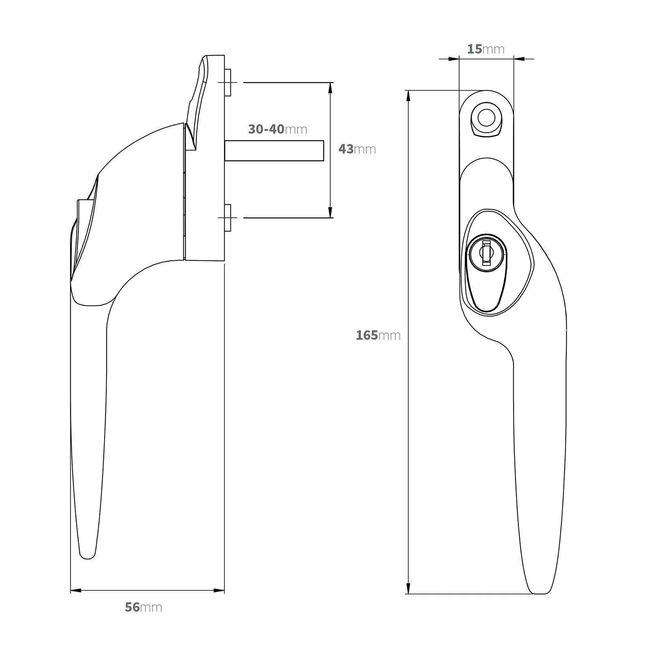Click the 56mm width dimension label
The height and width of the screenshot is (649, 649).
[143, 607]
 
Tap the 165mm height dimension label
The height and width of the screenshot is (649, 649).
[378, 335]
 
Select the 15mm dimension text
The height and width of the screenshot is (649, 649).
[486, 49]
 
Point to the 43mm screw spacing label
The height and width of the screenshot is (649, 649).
[357, 149]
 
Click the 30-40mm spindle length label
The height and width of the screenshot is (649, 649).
[277, 129]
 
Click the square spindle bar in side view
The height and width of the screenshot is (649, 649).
[274, 150]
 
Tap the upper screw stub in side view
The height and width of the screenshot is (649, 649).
[228, 82]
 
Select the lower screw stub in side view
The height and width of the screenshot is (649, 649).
[228, 218]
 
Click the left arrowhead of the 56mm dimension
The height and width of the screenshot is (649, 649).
[76, 590]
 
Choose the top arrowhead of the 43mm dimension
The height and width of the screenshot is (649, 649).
[330, 88]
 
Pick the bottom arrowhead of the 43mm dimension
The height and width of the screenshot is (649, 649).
[330, 213]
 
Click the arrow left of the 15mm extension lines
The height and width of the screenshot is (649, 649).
[453, 59]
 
